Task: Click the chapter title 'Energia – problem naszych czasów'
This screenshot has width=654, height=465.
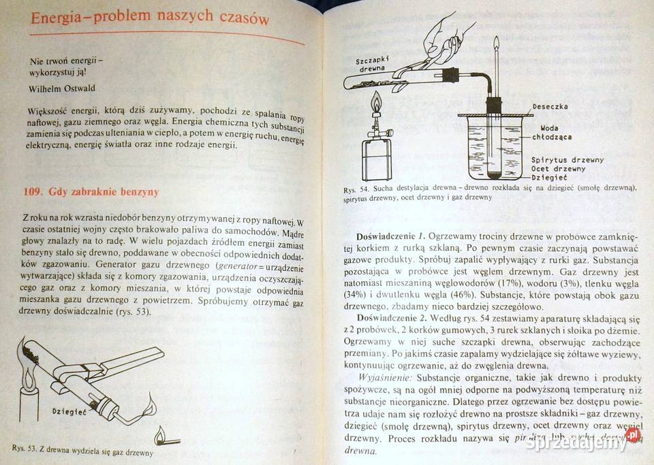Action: (149, 18)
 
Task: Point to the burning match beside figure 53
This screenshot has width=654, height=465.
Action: (159, 434)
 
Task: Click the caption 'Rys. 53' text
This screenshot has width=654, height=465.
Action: (82, 450)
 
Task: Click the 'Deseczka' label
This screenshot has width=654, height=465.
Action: (550, 106)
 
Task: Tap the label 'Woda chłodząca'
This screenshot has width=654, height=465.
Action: (554, 132)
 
